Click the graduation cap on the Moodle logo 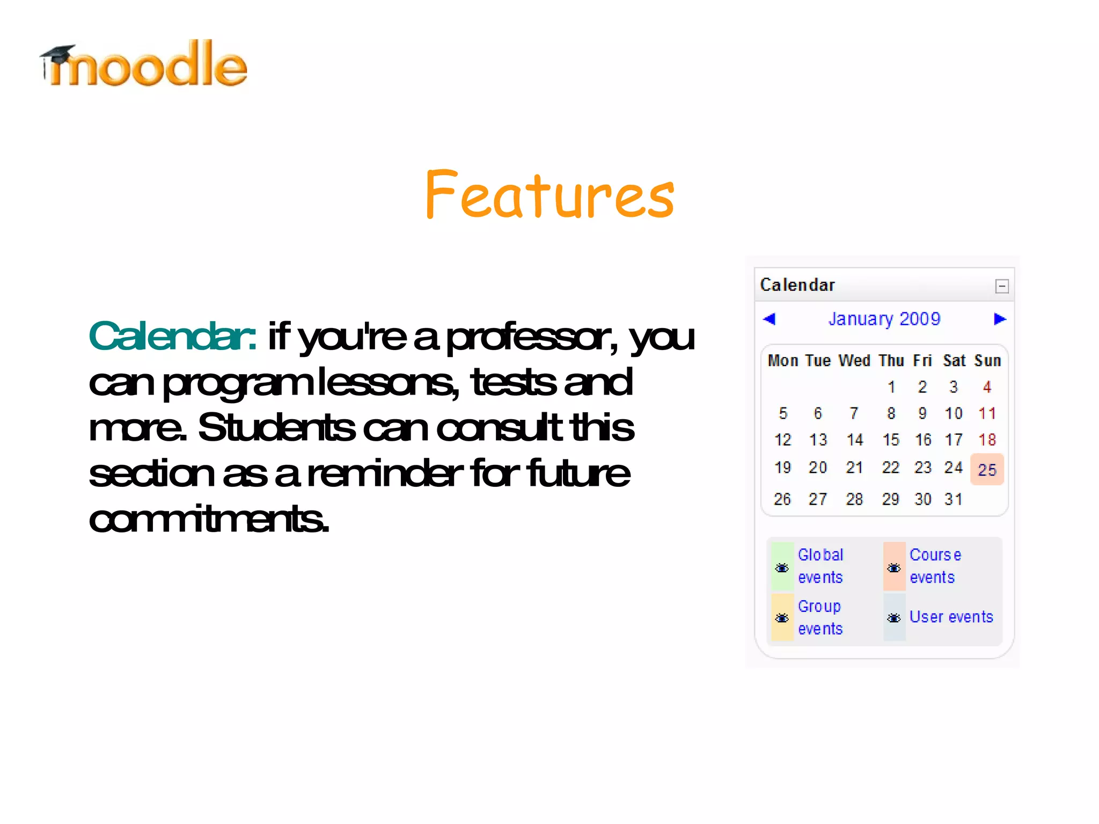click(58, 54)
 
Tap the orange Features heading click(549, 194)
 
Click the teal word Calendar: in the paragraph click(172, 337)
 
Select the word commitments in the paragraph click(208, 520)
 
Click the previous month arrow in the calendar click(769, 319)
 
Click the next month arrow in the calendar click(1000, 319)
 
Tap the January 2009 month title click(884, 319)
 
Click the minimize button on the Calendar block click(1001, 286)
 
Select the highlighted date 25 click(987, 470)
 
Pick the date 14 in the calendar click(854, 440)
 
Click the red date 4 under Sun click(987, 387)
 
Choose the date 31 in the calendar click(954, 499)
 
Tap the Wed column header click(854, 361)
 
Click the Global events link click(820, 566)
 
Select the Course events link click(935, 566)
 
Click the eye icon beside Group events click(782, 618)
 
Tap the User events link click(951, 617)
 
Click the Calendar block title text click(797, 285)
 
